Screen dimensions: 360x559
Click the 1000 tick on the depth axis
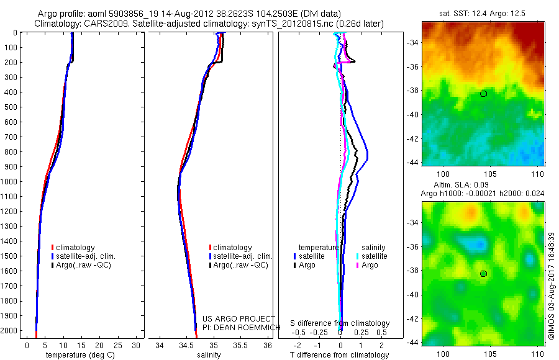point(11,182)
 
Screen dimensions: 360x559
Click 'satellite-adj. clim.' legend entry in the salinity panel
point(242,256)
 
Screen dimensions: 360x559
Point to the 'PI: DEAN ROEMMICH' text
point(237,327)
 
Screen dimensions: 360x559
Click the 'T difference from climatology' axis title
point(340,355)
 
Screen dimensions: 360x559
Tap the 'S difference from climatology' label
point(340,323)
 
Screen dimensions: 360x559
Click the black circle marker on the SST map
point(483,94)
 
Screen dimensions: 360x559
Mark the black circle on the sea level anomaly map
point(483,274)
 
